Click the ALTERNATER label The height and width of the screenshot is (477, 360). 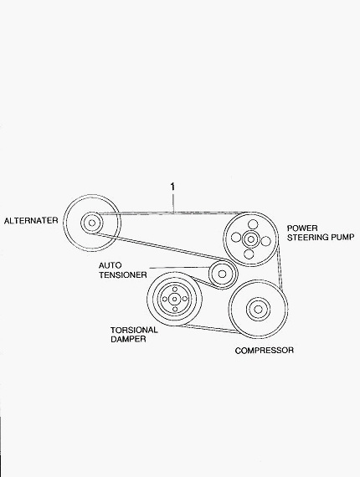pos(31,220)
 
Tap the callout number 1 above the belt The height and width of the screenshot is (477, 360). pos(172,187)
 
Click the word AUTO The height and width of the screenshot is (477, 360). pos(110,265)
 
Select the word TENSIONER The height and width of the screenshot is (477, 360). pos(123,274)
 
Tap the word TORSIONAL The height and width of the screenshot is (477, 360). pos(134,330)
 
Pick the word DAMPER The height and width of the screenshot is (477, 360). pos(128,339)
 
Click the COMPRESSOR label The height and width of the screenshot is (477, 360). pos(265,351)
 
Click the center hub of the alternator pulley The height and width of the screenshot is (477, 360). pos(91,223)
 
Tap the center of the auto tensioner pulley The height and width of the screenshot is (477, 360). pos(222,274)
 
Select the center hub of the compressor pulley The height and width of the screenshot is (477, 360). pos(258,310)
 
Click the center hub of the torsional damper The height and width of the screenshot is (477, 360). pos(175,300)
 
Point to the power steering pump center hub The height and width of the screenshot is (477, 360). pos(251,239)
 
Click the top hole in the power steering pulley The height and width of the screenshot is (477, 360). pos(253,224)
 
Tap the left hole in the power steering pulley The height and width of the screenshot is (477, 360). pos(236,237)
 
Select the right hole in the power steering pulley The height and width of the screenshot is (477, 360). pos(265,242)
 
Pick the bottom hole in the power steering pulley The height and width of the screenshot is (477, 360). pos(249,254)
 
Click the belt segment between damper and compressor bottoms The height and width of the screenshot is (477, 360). pos(209,329)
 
